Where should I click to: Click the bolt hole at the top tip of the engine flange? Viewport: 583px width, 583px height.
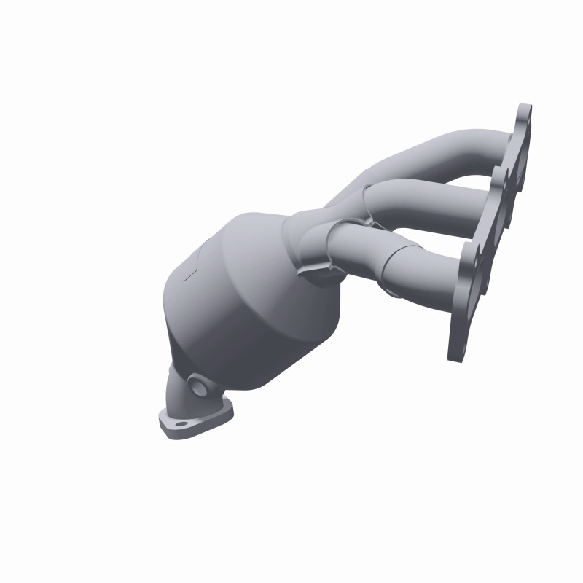click(526, 117)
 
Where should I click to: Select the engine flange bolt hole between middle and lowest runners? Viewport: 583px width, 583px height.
click(476, 255)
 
